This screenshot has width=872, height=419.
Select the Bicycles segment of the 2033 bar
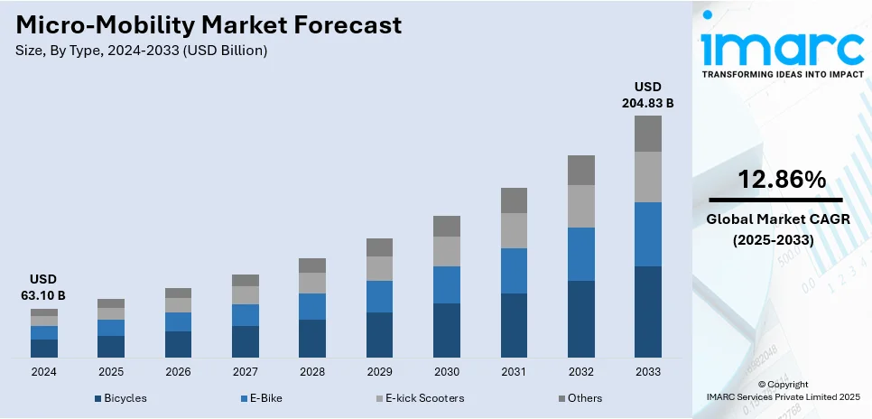(647, 312)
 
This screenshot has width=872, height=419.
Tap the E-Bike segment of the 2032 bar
(580, 254)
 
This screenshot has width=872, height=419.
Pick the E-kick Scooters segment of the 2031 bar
(514, 230)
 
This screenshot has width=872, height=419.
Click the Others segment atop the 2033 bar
(647, 134)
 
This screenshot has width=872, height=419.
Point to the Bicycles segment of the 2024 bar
(44, 349)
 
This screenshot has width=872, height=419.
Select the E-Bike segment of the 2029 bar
(379, 296)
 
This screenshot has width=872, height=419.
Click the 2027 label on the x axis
(245, 371)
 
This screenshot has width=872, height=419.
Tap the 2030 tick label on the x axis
(446, 371)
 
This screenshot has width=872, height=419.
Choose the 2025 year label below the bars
(111, 371)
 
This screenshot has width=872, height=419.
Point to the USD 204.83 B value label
(647, 95)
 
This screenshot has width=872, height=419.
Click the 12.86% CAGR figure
(782, 180)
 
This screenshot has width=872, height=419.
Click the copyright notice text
(782, 390)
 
